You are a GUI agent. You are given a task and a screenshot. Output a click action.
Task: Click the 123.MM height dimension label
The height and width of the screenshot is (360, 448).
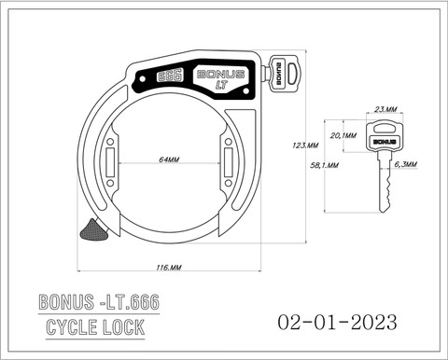tap(305, 145)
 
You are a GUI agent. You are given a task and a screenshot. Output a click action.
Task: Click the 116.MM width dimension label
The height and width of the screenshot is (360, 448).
tap(169, 268)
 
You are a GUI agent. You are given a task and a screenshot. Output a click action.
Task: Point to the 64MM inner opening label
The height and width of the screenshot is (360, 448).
tap(169, 159)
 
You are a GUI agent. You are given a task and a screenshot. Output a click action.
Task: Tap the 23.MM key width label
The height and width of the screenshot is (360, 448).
tap(385, 109)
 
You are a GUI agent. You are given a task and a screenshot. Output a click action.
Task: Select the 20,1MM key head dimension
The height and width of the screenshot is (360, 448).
tap(343, 135)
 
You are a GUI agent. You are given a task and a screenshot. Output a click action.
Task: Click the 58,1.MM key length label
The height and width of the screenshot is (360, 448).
tap(324, 165)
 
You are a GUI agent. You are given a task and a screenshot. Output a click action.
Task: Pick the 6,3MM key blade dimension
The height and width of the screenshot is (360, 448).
tap(406, 164)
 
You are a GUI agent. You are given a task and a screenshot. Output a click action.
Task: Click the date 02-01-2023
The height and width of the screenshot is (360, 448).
tap(337, 322)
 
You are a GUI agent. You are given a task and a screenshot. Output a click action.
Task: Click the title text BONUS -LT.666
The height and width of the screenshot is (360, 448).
tap(99, 301)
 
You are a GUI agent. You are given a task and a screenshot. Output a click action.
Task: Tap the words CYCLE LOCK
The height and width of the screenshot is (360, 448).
tap(95, 327)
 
